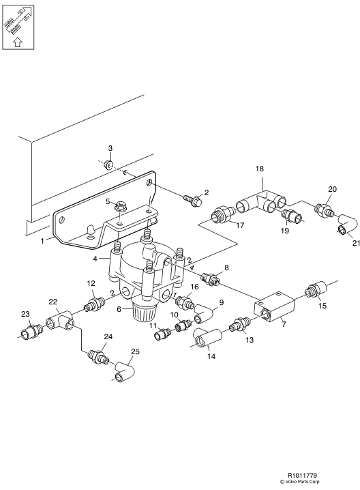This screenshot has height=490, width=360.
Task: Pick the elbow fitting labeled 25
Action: [x=125, y=370]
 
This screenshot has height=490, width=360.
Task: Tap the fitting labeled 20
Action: [x=323, y=205]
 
